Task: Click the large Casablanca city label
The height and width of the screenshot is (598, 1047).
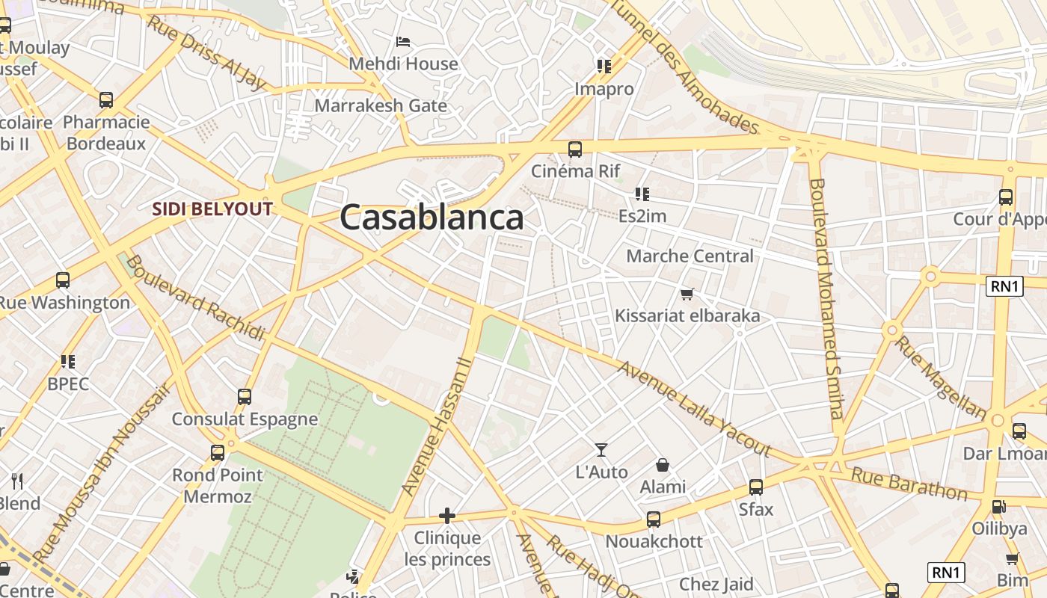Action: click(432, 218)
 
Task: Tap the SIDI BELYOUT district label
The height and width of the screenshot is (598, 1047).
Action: click(212, 209)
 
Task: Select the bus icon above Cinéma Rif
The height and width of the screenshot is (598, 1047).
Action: click(574, 149)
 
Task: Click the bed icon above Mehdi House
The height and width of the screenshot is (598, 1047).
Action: click(403, 42)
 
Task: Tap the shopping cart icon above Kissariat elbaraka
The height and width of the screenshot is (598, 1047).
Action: click(687, 294)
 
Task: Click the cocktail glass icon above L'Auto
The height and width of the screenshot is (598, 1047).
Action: click(601, 449)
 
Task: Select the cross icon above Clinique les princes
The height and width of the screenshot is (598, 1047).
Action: click(446, 515)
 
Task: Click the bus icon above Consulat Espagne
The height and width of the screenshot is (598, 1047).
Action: click(245, 396)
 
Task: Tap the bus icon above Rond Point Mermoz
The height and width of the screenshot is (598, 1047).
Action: click(218, 452)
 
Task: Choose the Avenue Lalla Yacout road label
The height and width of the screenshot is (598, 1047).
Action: click(694, 409)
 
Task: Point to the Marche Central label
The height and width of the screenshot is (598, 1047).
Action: click(690, 256)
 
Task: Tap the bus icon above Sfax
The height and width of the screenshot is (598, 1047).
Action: click(756, 487)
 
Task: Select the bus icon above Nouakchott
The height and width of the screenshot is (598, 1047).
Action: click(654, 519)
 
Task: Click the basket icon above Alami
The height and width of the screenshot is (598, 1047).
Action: click(662, 465)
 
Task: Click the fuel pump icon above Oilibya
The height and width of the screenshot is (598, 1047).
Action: click(998, 506)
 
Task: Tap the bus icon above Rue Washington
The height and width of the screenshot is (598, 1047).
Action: click(63, 280)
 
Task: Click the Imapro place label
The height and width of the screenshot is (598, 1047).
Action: click(604, 89)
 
